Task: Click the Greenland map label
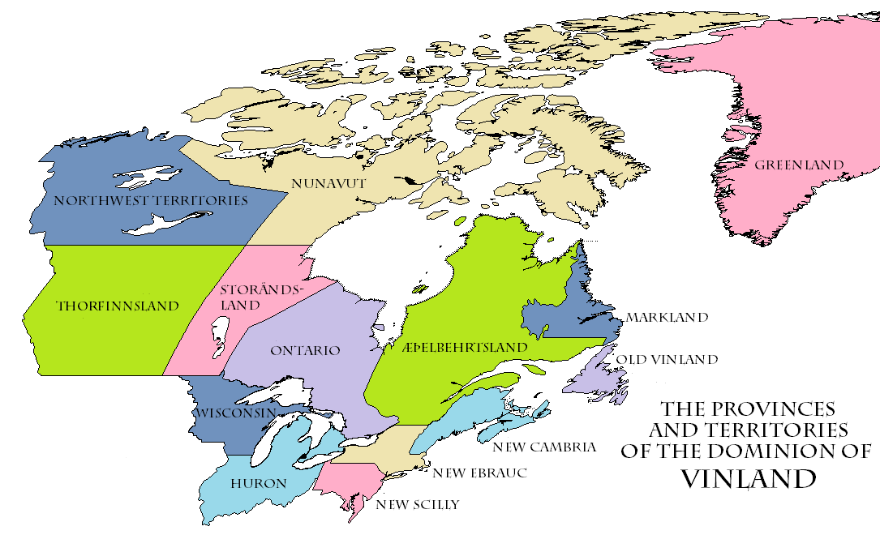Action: (x=799, y=165)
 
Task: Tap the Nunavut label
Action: (x=329, y=184)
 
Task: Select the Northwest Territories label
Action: (x=151, y=200)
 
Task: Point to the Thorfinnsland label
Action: (x=117, y=306)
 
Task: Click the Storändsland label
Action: (x=260, y=297)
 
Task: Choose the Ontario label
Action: (x=305, y=350)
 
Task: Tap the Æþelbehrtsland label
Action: (x=465, y=347)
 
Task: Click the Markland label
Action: (x=667, y=318)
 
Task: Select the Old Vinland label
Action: (x=667, y=359)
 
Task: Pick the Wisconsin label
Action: (x=235, y=413)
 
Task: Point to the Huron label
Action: (x=259, y=484)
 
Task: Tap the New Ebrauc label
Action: (x=479, y=473)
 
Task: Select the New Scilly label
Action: (x=417, y=505)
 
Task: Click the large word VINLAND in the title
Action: (x=747, y=478)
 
